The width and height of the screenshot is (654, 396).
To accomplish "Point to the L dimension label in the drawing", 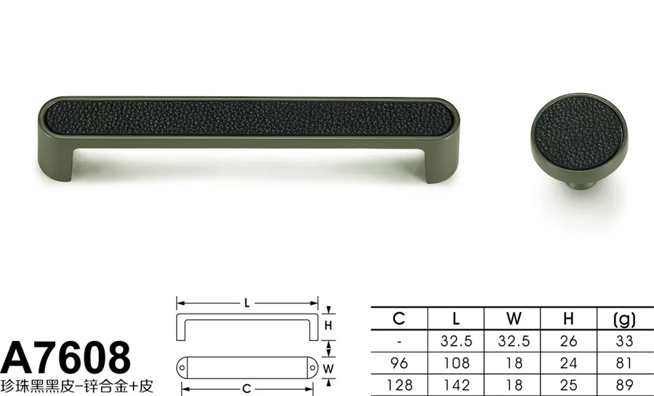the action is (x=247, y=303).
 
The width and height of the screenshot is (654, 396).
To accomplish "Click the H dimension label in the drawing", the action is (x=328, y=325).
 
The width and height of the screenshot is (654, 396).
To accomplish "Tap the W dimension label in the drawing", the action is (x=328, y=369).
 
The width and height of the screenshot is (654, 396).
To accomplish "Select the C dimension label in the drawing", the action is (x=247, y=389).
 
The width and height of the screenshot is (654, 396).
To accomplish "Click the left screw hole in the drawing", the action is (x=182, y=368).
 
